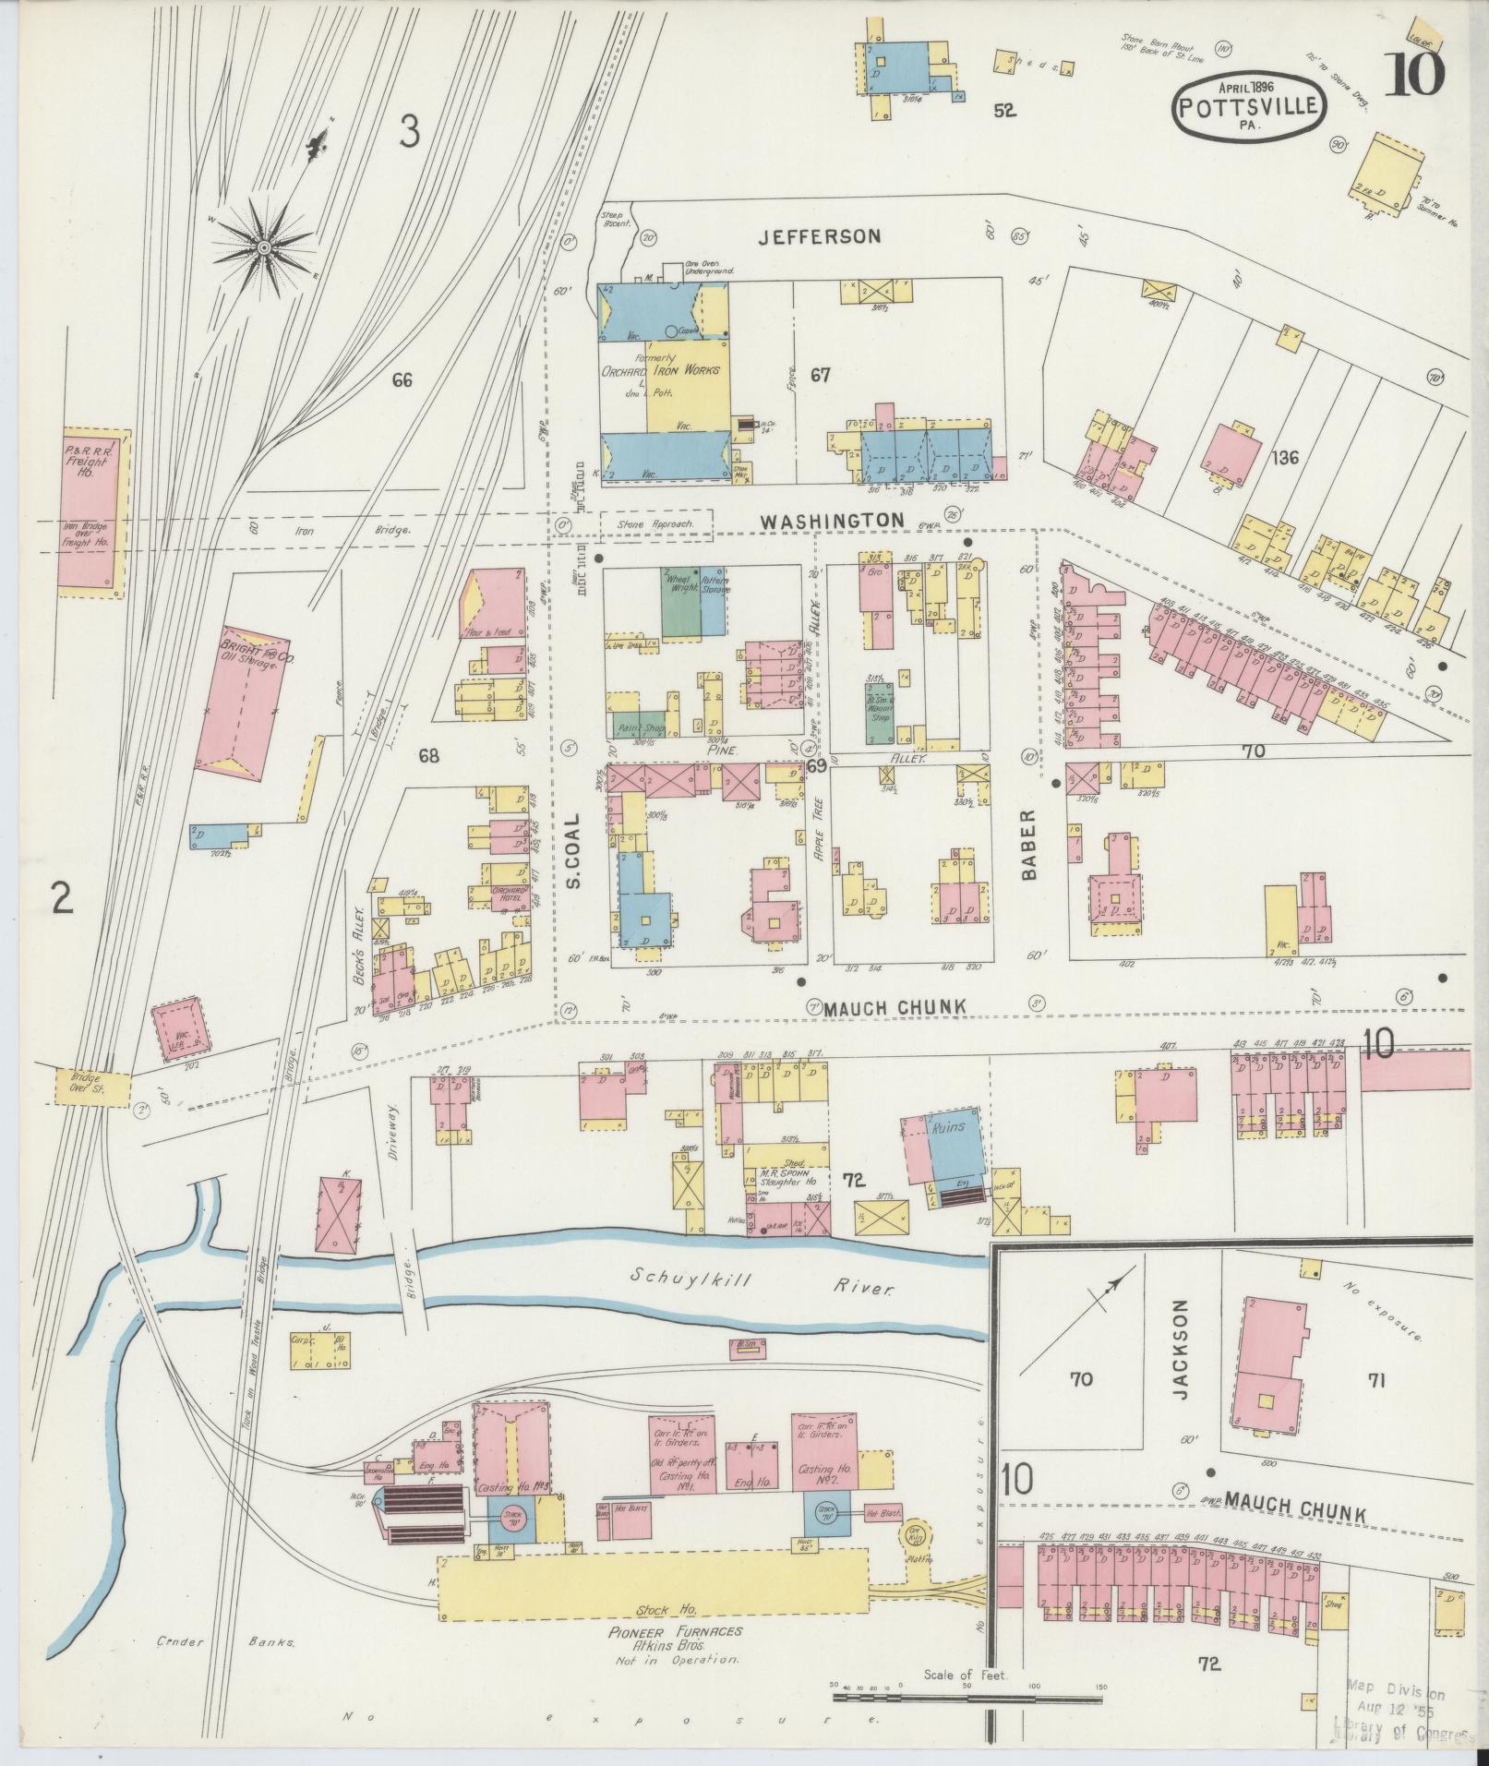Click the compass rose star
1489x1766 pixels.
click(x=264, y=247)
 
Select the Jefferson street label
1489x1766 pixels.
click(x=819, y=236)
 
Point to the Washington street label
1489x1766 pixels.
click(x=832, y=521)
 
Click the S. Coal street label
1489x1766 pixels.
click(x=572, y=850)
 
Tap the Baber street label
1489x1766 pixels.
click(x=1030, y=844)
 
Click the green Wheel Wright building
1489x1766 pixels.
click(x=679, y=602)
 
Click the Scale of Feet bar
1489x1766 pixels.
click(x=967, y=1696)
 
